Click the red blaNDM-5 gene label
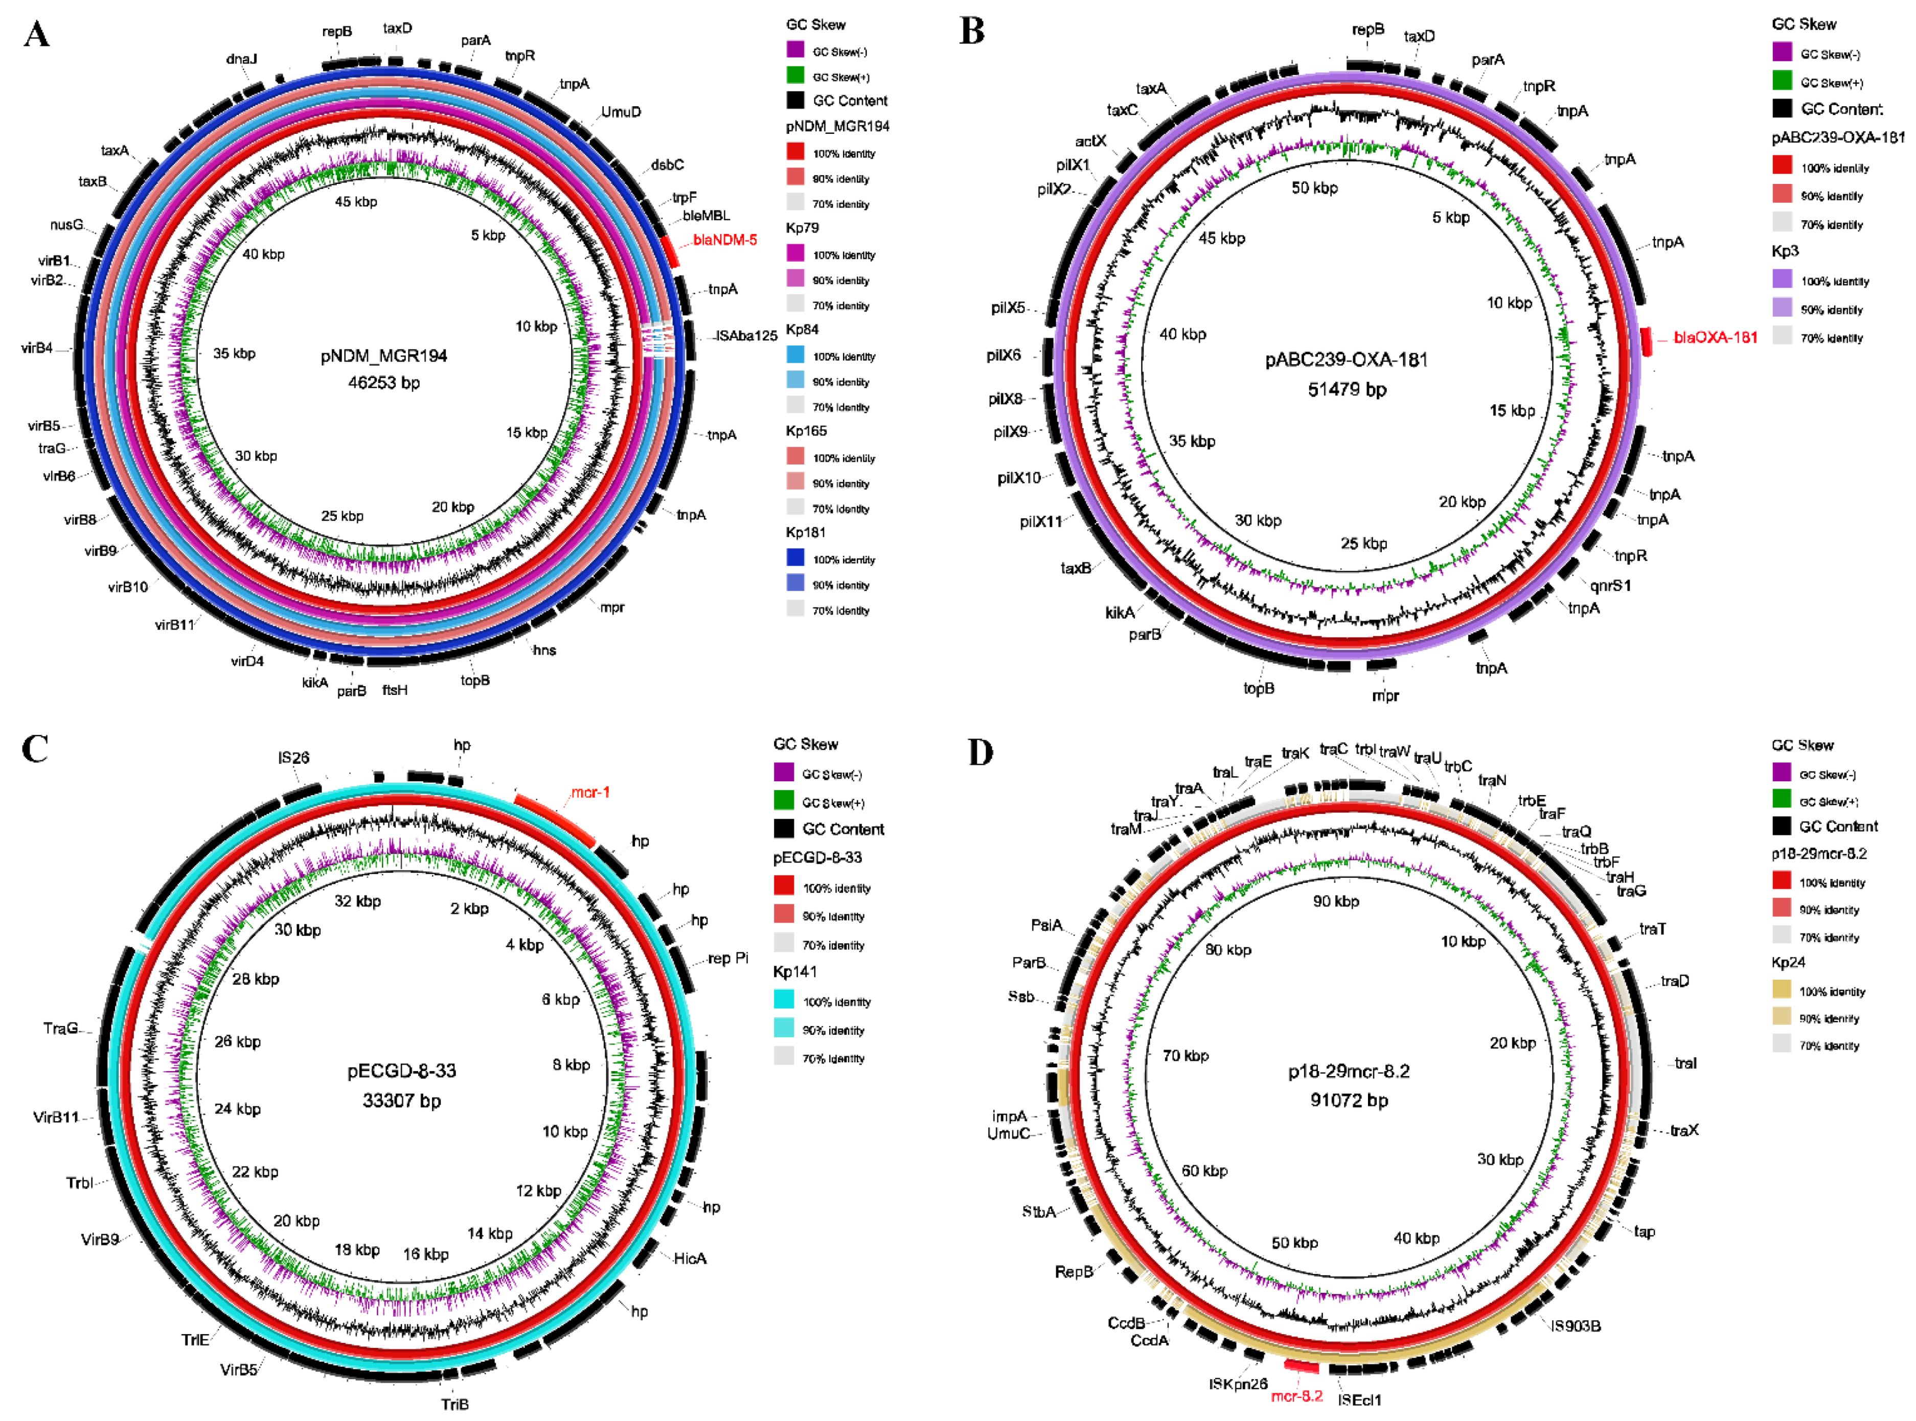(x=724, y=240)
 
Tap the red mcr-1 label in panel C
(x=590, y=792)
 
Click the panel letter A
(x=36, y=34)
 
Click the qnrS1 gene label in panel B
(x=1610, y=586)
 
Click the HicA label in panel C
(x=690, y=1259)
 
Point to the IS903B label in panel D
(x=1576, y=1325)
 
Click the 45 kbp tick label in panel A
(x=355, y=201)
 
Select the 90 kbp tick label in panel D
(x=1335, y=901)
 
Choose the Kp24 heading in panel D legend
(x=1788, y=963)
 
